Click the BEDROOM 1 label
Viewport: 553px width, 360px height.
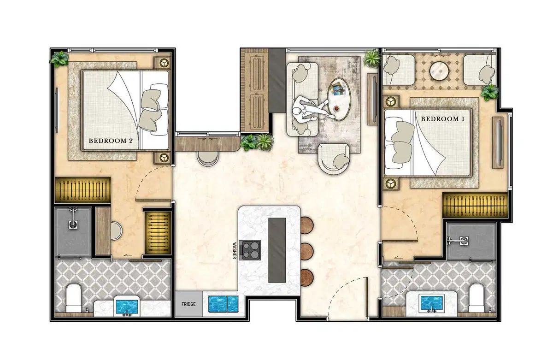tap(442, 119)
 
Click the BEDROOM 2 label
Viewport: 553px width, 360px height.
tap(111, 141)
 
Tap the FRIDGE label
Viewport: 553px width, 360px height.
tap(188, 304)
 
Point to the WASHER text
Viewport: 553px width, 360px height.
tap(234, 251)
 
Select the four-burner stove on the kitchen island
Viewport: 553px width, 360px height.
tap(251, 250)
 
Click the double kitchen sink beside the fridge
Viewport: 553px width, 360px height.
tap(223, 304)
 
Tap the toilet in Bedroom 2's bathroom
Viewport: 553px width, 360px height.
tap(74, 298)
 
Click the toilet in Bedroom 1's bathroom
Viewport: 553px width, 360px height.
tap(476, 298)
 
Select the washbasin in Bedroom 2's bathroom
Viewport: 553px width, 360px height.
tap(127, 307)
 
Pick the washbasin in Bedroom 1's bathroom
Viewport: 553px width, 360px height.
tap(431, 303)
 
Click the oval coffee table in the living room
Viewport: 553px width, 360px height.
tap(339, 99)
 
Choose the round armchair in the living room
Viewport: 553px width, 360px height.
tap(334, 159)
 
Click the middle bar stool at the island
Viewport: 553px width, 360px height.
tap(307, 251)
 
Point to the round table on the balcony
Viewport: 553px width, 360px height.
tap(439, 71)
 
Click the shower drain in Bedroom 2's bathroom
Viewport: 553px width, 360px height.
tap(73, 224)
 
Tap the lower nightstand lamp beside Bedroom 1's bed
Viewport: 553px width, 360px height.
tap(391, 183)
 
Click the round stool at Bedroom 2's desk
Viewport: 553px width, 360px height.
tap(116, 230)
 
